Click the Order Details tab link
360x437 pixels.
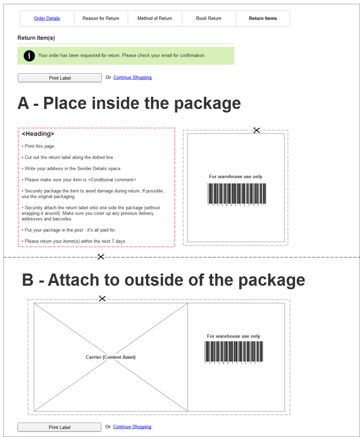point(47,18)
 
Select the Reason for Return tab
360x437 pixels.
point(101,18)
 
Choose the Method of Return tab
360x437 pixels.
point(155,18)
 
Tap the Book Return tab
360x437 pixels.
point(209,18)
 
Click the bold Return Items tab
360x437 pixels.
point(263,18)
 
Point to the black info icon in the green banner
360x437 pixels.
point(29,55)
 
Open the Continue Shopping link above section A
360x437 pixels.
point(132,78)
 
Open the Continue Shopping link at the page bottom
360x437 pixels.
point(132,427)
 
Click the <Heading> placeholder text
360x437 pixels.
point(38,134)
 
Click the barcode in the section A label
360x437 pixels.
point(237,194)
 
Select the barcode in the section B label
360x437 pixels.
point(234,352)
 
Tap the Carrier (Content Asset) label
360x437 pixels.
point(111,357)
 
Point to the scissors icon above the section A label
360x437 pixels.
point(257,130)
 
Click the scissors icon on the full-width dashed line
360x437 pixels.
point(101,256)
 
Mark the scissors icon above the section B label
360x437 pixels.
point(102,299)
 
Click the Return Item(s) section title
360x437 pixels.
point(36,38)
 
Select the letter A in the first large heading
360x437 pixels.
point(23,104)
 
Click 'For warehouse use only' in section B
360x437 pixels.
point(234,336)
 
